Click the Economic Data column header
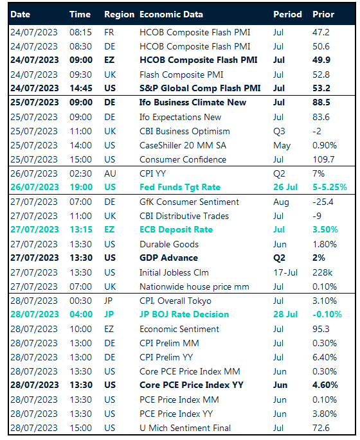click(171, 14)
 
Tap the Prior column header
click(323, 14)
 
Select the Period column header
click(287, 14)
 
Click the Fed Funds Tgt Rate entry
click(180, 187)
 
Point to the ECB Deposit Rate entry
click(176, 229)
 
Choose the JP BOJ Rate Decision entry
click(184, 314)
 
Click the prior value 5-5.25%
click(330, 187)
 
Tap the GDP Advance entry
click(168, 258)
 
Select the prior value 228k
click(322, 272)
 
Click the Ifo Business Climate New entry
click(193, 102)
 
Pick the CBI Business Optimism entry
click(184, 131)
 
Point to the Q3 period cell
click(279, 131)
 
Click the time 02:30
click(80, 173)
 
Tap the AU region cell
click(110, 173)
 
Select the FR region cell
click(109, 32)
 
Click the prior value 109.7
click(323, 159)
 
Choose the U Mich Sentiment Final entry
click(185, 428)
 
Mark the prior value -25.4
click(323, 202)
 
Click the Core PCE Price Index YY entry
click(191, 385)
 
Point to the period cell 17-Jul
click(285, 272)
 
